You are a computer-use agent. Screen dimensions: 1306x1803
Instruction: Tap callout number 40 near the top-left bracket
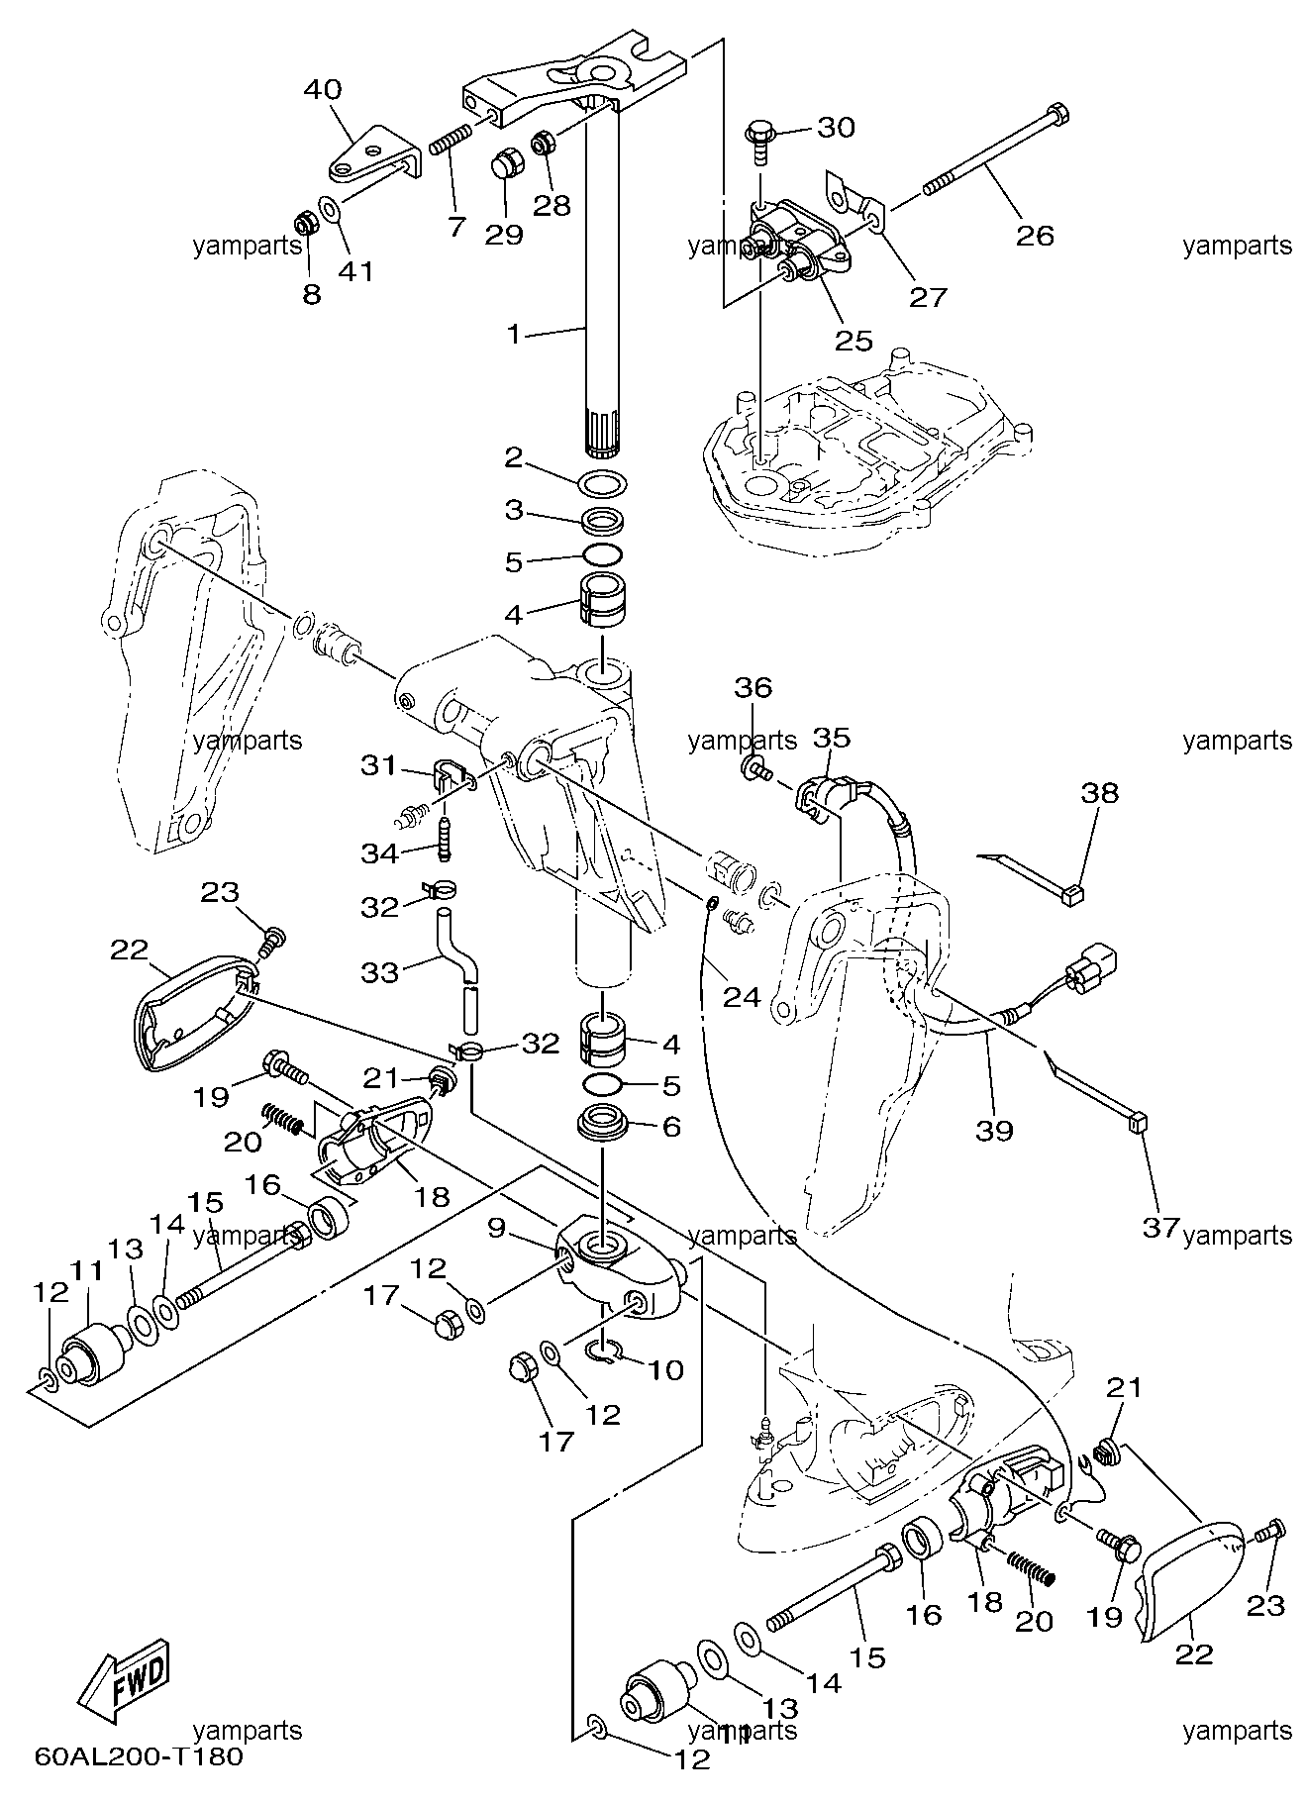click(322, 89)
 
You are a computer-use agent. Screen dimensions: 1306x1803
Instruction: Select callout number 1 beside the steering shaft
click(513, 335)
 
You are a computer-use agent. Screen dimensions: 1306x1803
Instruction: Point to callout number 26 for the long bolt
click(1034, 235)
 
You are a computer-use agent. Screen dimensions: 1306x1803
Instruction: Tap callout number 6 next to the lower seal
click(671, 1126)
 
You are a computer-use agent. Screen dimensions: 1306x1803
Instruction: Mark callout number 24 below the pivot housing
click(741, 996)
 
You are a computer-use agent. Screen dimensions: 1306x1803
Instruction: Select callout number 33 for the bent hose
click(379, 972)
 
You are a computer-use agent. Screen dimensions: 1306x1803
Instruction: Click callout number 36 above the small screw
click(753, 687)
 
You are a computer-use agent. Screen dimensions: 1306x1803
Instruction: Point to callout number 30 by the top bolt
click(836, 128)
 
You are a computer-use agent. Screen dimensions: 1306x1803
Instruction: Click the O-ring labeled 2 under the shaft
click(603, 485)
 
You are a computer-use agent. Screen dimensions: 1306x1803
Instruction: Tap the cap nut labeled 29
click(507, 162)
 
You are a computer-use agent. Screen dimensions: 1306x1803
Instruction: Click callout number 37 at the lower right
click(1161, 1227)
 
